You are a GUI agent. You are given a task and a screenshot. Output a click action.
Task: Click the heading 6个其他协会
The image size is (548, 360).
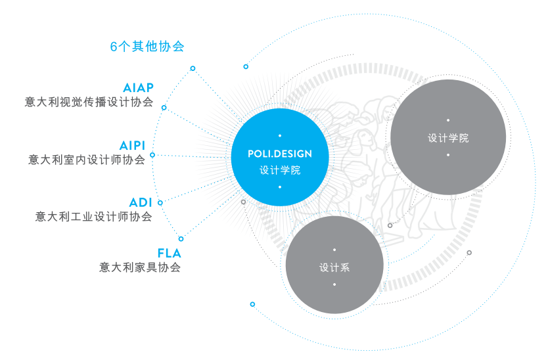click(147, 47)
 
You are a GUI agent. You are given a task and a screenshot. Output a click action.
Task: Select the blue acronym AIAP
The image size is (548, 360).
click(138, 88)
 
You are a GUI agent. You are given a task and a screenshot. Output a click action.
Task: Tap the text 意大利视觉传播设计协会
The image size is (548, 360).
click(89, 102)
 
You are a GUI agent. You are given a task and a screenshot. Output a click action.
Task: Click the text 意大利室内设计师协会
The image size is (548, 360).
click(87, 160)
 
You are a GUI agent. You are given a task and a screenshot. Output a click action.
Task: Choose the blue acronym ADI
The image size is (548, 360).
click(141, 202)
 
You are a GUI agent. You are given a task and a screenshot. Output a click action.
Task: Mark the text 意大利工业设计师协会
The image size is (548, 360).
click(93, 217)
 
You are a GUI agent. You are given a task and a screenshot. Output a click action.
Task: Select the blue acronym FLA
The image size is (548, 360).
click(169, 253)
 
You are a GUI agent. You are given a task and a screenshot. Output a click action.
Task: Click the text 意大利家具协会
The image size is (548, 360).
click(139, 267)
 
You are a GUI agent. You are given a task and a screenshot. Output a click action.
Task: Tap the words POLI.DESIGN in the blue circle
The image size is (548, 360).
click(280, 154)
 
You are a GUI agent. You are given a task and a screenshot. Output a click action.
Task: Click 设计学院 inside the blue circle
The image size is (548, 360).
click(280, 170)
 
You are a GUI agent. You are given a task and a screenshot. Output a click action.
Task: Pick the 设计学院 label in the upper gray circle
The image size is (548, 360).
click(448, 138)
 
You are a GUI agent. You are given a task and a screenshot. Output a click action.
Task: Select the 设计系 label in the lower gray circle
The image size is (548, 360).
click(334, 267)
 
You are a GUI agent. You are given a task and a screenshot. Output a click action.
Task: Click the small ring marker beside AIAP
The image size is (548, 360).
click(164, 108)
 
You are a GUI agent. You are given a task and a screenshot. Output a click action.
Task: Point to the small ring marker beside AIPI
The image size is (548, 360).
click(152, 155)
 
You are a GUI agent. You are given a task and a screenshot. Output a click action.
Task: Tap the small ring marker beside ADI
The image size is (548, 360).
click(160, 203)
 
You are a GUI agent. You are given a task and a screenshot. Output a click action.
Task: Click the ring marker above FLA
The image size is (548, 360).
click(181, 238)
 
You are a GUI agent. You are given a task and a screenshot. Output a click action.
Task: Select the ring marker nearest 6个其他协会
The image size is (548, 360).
click(193, 68)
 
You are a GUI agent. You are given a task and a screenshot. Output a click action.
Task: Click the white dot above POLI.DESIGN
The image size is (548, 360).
click(280, 136)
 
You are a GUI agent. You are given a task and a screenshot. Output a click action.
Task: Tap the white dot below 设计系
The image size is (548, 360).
click(334, 284)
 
